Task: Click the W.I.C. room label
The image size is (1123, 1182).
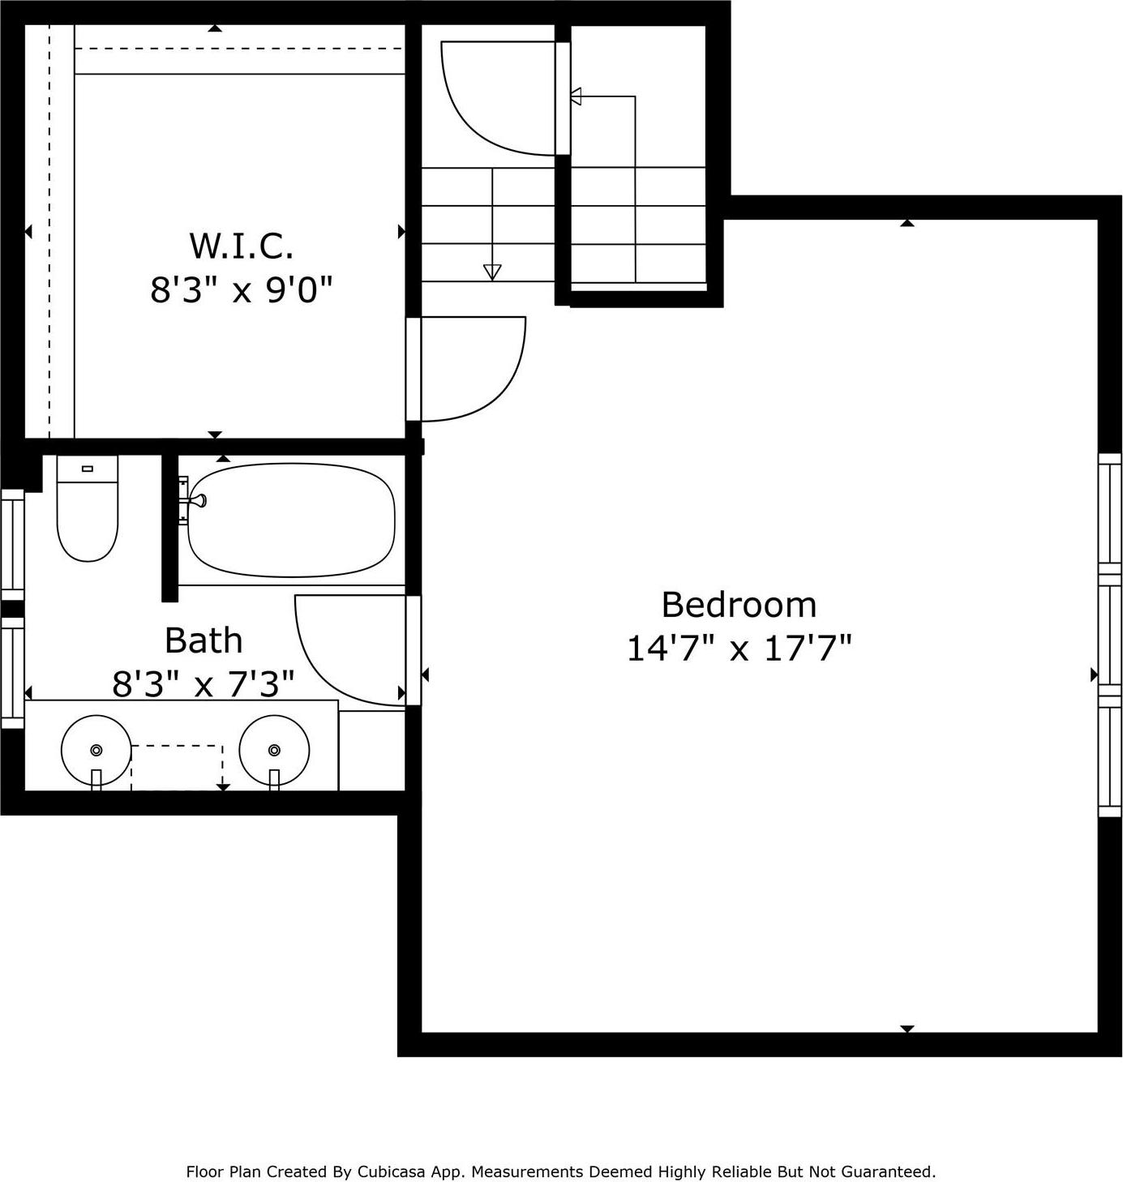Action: pos(241,246)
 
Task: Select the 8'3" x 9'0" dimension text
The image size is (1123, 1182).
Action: pos(241,289)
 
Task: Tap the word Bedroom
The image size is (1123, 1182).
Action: pos(739,605)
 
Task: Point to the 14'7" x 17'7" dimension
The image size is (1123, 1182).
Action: pos(739,649)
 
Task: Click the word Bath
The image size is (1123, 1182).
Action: pos(204,640)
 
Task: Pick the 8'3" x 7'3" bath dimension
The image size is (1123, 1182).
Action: pos(203,684)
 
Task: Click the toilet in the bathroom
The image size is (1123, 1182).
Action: pos(88,509)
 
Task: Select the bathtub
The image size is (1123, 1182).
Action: pos(290,520)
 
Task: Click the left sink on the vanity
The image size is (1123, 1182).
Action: pos(96,750)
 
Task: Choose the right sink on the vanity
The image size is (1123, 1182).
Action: pos(275,750)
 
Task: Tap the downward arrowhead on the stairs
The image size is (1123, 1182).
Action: pos(492,272)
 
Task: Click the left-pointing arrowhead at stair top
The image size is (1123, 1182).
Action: pos(577,97)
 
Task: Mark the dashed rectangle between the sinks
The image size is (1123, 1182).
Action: pos(177,766)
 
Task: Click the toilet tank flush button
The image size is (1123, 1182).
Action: pos(88,469)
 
